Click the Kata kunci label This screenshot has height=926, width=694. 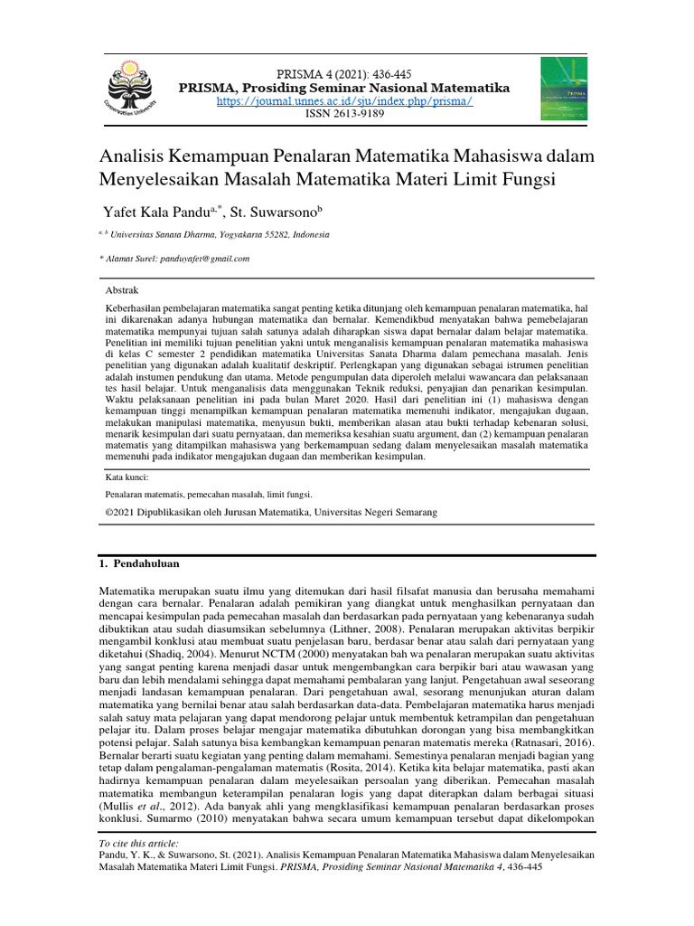coord(127,477)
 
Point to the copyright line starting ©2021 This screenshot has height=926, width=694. coord(271,512)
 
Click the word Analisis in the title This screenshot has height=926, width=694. coord(135,155)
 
